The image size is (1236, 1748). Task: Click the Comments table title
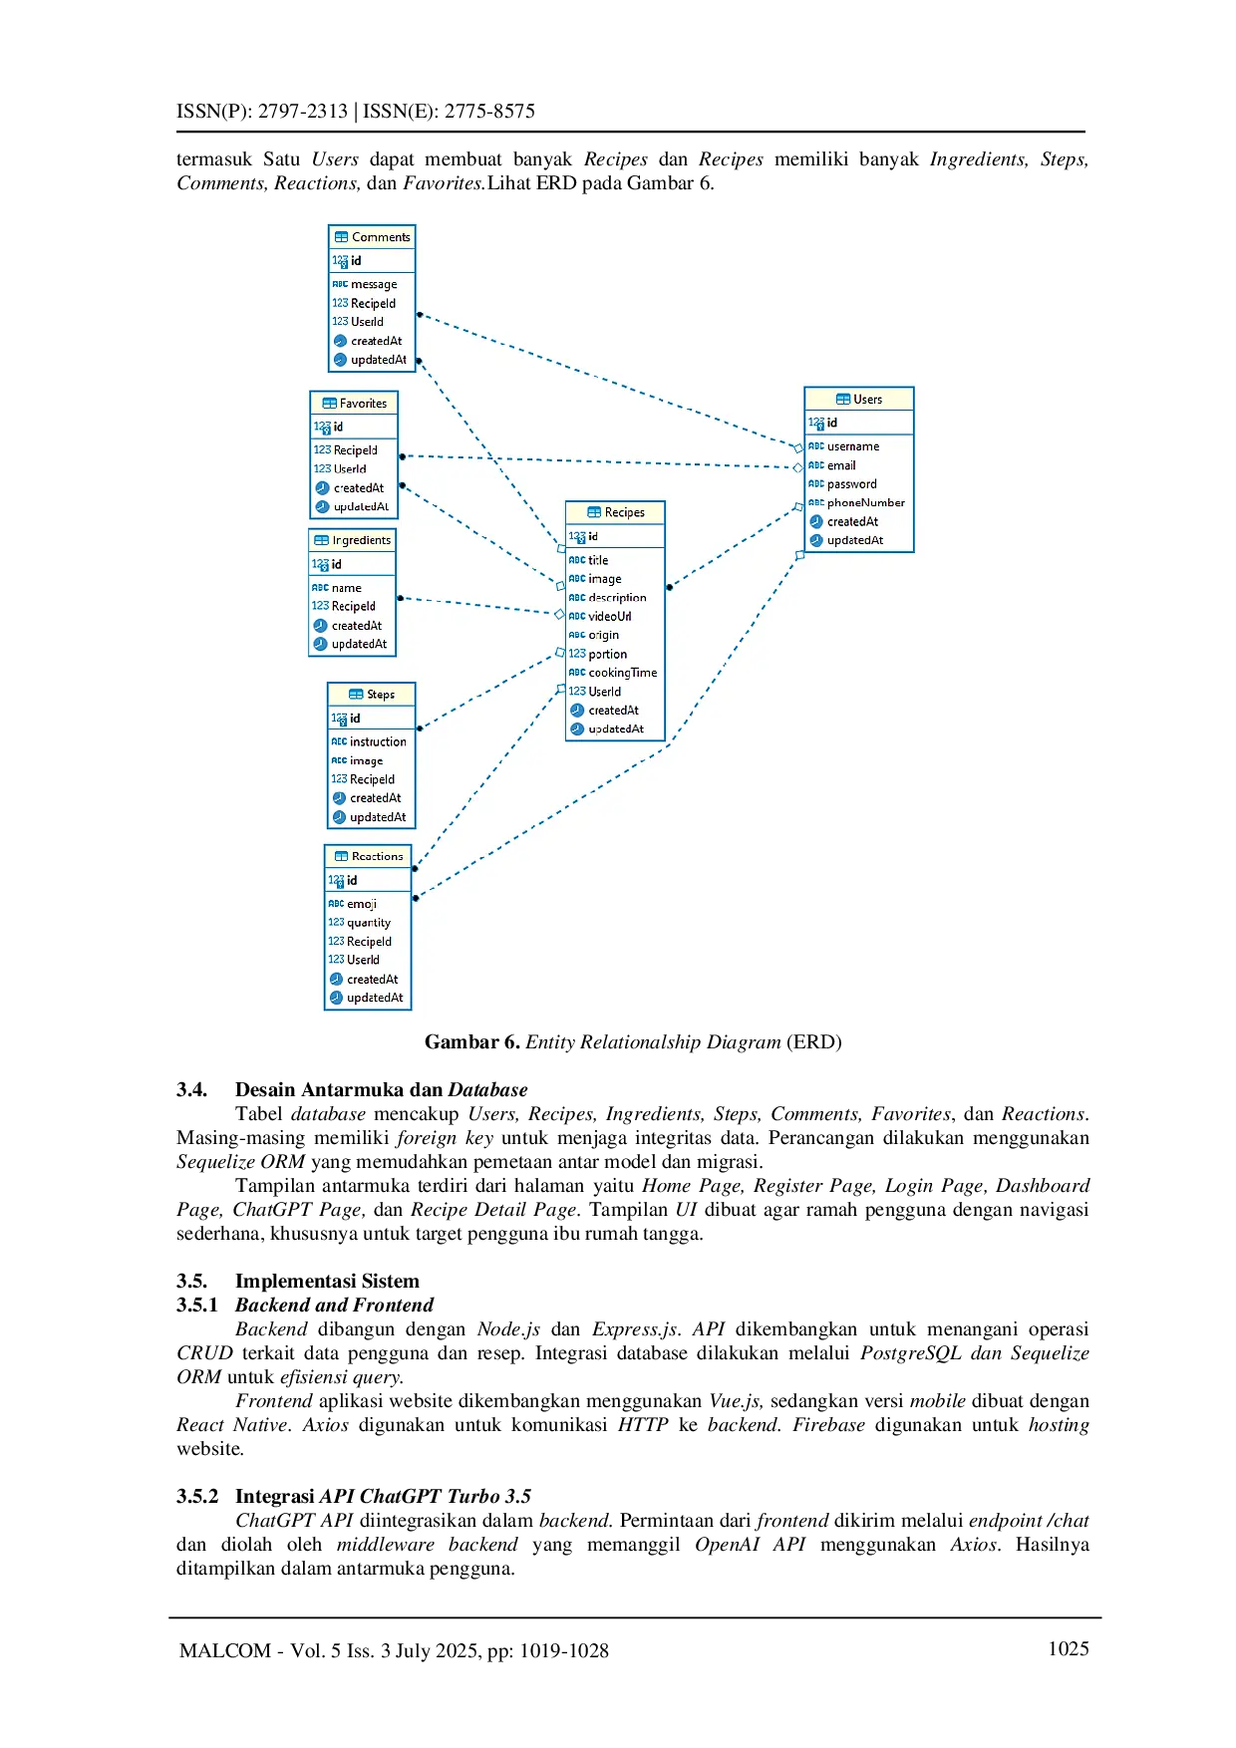(x=380, y=237)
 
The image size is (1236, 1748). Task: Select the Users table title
(x=867, y=400)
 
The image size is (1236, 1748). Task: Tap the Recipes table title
(x=624, y=512)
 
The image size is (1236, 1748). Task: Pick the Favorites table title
(x=363, y=404)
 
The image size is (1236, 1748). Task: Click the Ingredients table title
(x=361, y=540)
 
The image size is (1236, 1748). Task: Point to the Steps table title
(x=380, y=695)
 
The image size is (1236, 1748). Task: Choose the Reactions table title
(x=377, y=856)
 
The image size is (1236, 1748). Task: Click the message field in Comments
(x=374, y=284)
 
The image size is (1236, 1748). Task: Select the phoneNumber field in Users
(x=865, y=502)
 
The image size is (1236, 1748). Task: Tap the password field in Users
(x=851, y=484)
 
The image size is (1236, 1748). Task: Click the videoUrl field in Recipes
(x=609, y=616)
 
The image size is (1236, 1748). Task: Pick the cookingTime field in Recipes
(x=622, y=673)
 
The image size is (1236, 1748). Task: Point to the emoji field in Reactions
(x=361, y=904)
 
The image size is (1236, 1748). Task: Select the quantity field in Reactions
(x=368, y=923)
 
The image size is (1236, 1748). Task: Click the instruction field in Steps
(x=378, y=741)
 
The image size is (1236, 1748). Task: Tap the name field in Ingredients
(x=346, y=588)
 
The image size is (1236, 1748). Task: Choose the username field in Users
(x=852, y=446)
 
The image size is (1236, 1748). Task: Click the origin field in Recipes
(x=603, y=635)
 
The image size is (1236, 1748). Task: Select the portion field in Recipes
(x=607, y=654)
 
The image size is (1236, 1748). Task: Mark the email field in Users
(x=841, y=465)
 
